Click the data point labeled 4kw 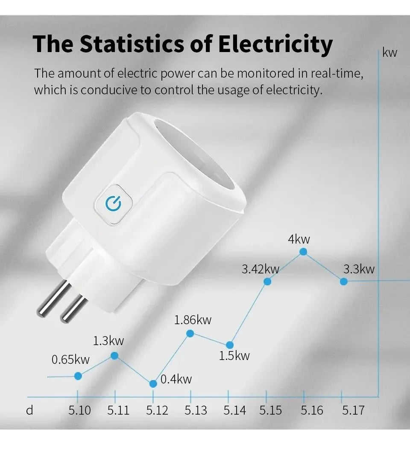coord(303,252)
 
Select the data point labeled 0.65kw coord(78,376)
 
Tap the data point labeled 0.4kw coord(153,383)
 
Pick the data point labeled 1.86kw coord(190,333)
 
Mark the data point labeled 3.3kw coord(343,282)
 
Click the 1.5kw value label coord(234,355)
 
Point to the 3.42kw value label coord(260,269)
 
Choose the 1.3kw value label coord(108,340)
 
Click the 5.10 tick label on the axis coord(80,410)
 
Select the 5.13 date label coord(196,410)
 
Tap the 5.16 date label coord(312,410)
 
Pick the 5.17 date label coord(353,410)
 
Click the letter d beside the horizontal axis coord(29,410)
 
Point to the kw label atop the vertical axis coord(389,53)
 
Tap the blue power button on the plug coord(113,203)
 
